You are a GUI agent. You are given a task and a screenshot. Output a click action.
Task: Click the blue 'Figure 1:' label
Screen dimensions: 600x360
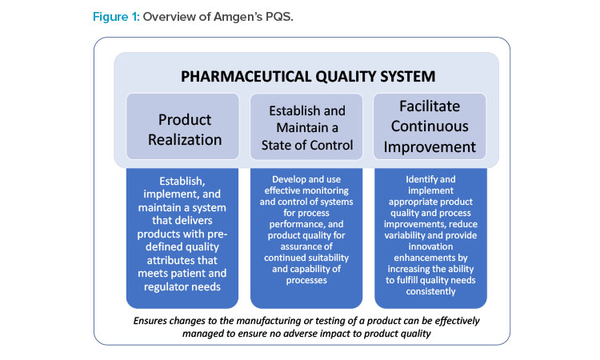(x=116, y=18)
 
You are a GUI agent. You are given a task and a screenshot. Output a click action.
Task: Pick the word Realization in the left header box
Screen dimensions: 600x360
(x=185, y=140)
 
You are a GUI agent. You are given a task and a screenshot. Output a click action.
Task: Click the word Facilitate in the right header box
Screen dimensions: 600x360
(x=430, y=106)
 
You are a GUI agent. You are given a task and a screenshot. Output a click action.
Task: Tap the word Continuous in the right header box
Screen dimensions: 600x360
(x=430, y=126)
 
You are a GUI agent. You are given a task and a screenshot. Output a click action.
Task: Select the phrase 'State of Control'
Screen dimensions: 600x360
(x=307, y=146)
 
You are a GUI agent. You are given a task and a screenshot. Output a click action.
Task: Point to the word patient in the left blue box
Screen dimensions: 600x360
(x=182, y=274)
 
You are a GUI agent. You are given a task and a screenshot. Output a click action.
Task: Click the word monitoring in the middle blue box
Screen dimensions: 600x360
(x=326, y=190)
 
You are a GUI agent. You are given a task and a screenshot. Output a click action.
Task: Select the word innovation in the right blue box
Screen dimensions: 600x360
(x=430, y=246)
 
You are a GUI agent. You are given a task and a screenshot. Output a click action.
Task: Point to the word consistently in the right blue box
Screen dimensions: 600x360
(x=431, y=291)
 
